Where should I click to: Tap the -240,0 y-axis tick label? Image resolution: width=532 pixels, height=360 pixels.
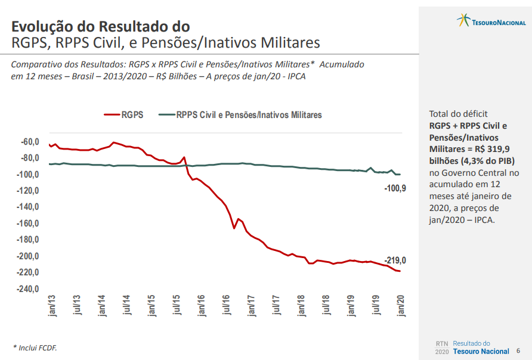click(x=27, y=289)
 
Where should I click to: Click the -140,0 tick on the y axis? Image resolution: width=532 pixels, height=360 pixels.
click(x=27, y=207)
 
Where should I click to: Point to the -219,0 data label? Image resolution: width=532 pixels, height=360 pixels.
click(x=395, y=260)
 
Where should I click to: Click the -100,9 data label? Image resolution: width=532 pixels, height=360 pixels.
click(x=395, y=188)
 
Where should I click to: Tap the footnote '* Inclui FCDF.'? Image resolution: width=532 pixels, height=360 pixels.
click(x=35, y=347)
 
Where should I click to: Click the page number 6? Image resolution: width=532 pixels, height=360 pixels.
click(x=518, y=351)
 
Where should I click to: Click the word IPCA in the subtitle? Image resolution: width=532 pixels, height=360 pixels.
click(x=293, y=76)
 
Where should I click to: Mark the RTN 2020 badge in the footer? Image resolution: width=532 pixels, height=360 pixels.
click(x=442, y=347)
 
